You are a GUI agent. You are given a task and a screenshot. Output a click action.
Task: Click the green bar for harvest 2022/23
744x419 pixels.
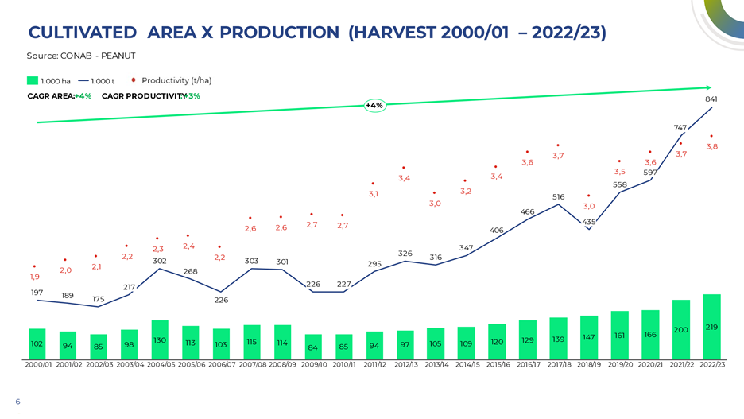pyautogui.click(x=711, y=327)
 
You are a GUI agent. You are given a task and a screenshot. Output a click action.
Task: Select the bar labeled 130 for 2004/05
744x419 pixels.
pyautogui.click(x=160, y=339)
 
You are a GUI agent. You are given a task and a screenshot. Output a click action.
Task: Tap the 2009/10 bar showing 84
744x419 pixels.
pyautogui.click(x=313, y=347)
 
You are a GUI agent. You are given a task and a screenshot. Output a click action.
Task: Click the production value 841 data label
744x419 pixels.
pyautogui.click(x=711, y=99)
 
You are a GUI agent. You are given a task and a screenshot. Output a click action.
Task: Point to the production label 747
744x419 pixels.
pyautogui.click(x=680, y=128)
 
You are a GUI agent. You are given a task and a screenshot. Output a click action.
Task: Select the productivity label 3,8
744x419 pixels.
pyautogui.click(x=711, y=146)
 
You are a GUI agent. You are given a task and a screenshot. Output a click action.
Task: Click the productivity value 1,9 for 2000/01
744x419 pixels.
pyautogui.click(x=35, y=277)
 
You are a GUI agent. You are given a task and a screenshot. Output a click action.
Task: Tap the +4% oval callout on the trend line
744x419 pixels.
pyautogui.click(x=375, y=105)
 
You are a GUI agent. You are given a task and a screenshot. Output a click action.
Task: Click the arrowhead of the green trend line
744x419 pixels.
pyautogui.click(x=709, y=87)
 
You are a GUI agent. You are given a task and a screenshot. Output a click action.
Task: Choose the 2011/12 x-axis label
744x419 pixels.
pyautogui.click(x=375, y=364)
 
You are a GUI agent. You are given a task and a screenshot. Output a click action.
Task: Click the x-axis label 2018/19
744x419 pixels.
pyautogui.click(x=589, y=364)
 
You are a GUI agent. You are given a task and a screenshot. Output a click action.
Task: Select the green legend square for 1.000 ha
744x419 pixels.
pyautogui.click(x=33, y=80)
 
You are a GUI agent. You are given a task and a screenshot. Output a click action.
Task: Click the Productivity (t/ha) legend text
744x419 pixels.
pyautogui.click(x=176, y=80)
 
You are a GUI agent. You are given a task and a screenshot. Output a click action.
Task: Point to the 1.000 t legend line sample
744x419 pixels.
pyautogui.click(x=83, y=81)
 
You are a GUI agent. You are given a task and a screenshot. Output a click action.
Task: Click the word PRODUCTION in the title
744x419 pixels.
pyautogui.click(x=279, y=33)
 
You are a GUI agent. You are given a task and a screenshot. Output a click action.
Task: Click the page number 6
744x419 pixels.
pyautogui.click(x=17, y=402)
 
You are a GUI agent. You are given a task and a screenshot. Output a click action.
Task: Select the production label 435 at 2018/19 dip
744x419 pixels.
pyautogui.click(x=589, y=222)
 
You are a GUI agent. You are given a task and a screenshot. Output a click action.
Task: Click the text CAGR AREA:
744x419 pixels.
pyautogui.click(x=51, y=96)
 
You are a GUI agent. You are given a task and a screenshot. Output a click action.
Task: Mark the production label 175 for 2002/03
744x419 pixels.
pyautogui.click(x=99, y=299)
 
